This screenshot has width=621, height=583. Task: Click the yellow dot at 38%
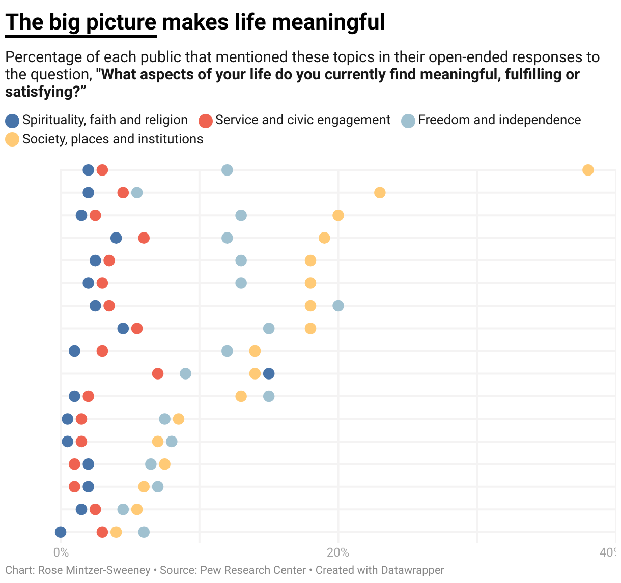pos(588,170)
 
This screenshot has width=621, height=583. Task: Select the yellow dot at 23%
pos(380,193)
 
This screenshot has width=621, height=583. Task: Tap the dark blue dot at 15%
pos(269,374)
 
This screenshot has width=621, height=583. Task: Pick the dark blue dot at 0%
pos(61,532)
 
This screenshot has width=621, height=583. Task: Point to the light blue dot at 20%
pos(338,306)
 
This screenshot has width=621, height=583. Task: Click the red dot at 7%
pos(158,374)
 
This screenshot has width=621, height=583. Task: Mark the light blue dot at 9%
pos(186,374)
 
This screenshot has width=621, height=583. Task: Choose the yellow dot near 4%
pos(116,532)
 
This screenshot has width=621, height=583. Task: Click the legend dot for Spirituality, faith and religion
pos(12,121)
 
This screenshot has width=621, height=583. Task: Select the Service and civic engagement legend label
pos(302,120)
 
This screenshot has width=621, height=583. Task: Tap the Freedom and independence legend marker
pos(408,121)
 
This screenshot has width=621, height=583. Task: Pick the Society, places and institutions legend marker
pos(12,139)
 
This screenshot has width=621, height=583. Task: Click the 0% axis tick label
pos(61,552)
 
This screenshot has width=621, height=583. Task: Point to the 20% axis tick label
pos(338,552)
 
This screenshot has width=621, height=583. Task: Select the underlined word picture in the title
pos(121,22)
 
